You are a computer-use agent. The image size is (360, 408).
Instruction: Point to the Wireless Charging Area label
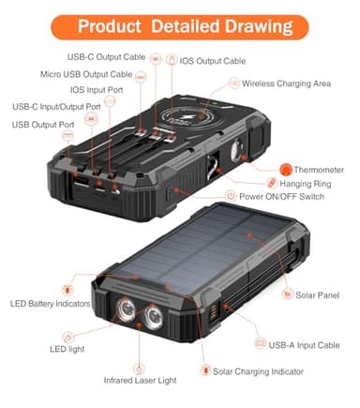pos(286,83)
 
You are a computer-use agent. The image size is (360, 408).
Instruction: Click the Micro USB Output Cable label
pos(86,74)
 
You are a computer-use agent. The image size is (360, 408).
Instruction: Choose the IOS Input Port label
pos(97,90)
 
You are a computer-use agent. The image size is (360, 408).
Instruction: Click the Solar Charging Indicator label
pos(258,372)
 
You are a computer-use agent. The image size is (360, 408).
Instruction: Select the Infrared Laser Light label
pos(142,381)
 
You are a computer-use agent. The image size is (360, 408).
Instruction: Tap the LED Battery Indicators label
pos(51,305)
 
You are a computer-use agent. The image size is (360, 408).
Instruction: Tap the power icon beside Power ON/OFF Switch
pos(231,196)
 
